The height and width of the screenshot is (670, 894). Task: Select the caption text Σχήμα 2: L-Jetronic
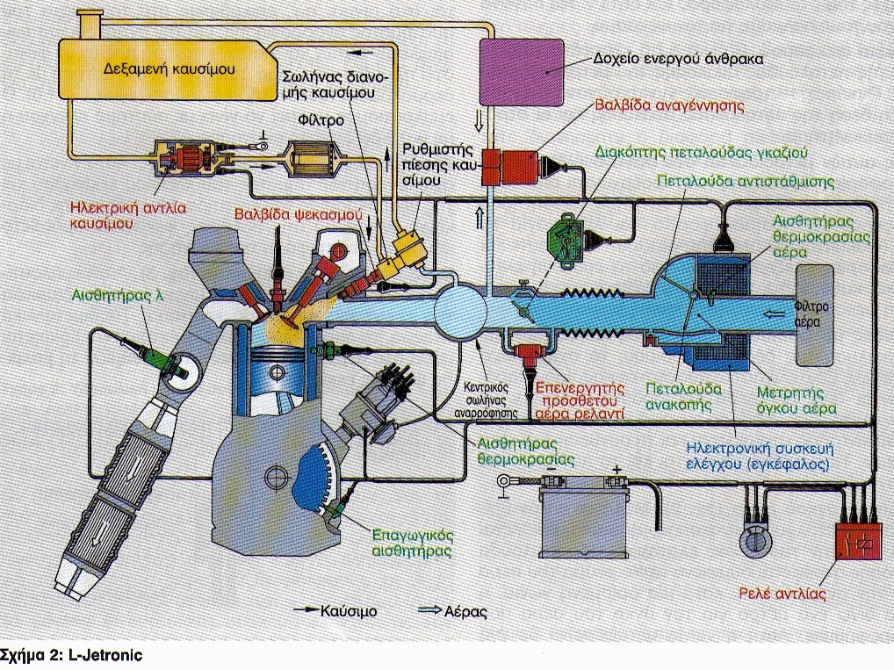[71, 654]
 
